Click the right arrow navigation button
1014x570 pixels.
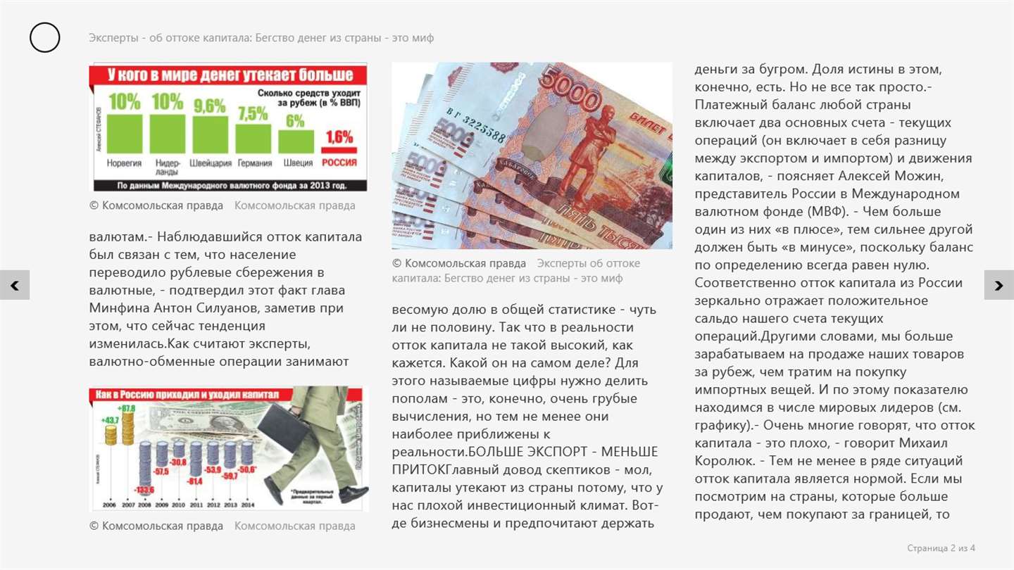[x=999, y=285]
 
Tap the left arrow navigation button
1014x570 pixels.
[x=15, y=285]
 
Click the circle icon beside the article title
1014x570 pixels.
[x=44, y=37]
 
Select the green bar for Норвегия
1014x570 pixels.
[x=125, y=134]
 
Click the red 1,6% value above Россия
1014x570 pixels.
[x=339, y=137]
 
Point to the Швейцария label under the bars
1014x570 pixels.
[x=210, y=163]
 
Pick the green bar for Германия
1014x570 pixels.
[x=253, y=138]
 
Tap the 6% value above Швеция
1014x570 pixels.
[x=295, y=121]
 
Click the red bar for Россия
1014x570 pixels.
[x=339, y=150]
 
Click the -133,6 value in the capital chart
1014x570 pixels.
[x=144, y=490]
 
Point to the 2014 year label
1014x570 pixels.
[x=247, y=505]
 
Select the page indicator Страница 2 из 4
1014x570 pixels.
[x=941, y=548]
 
